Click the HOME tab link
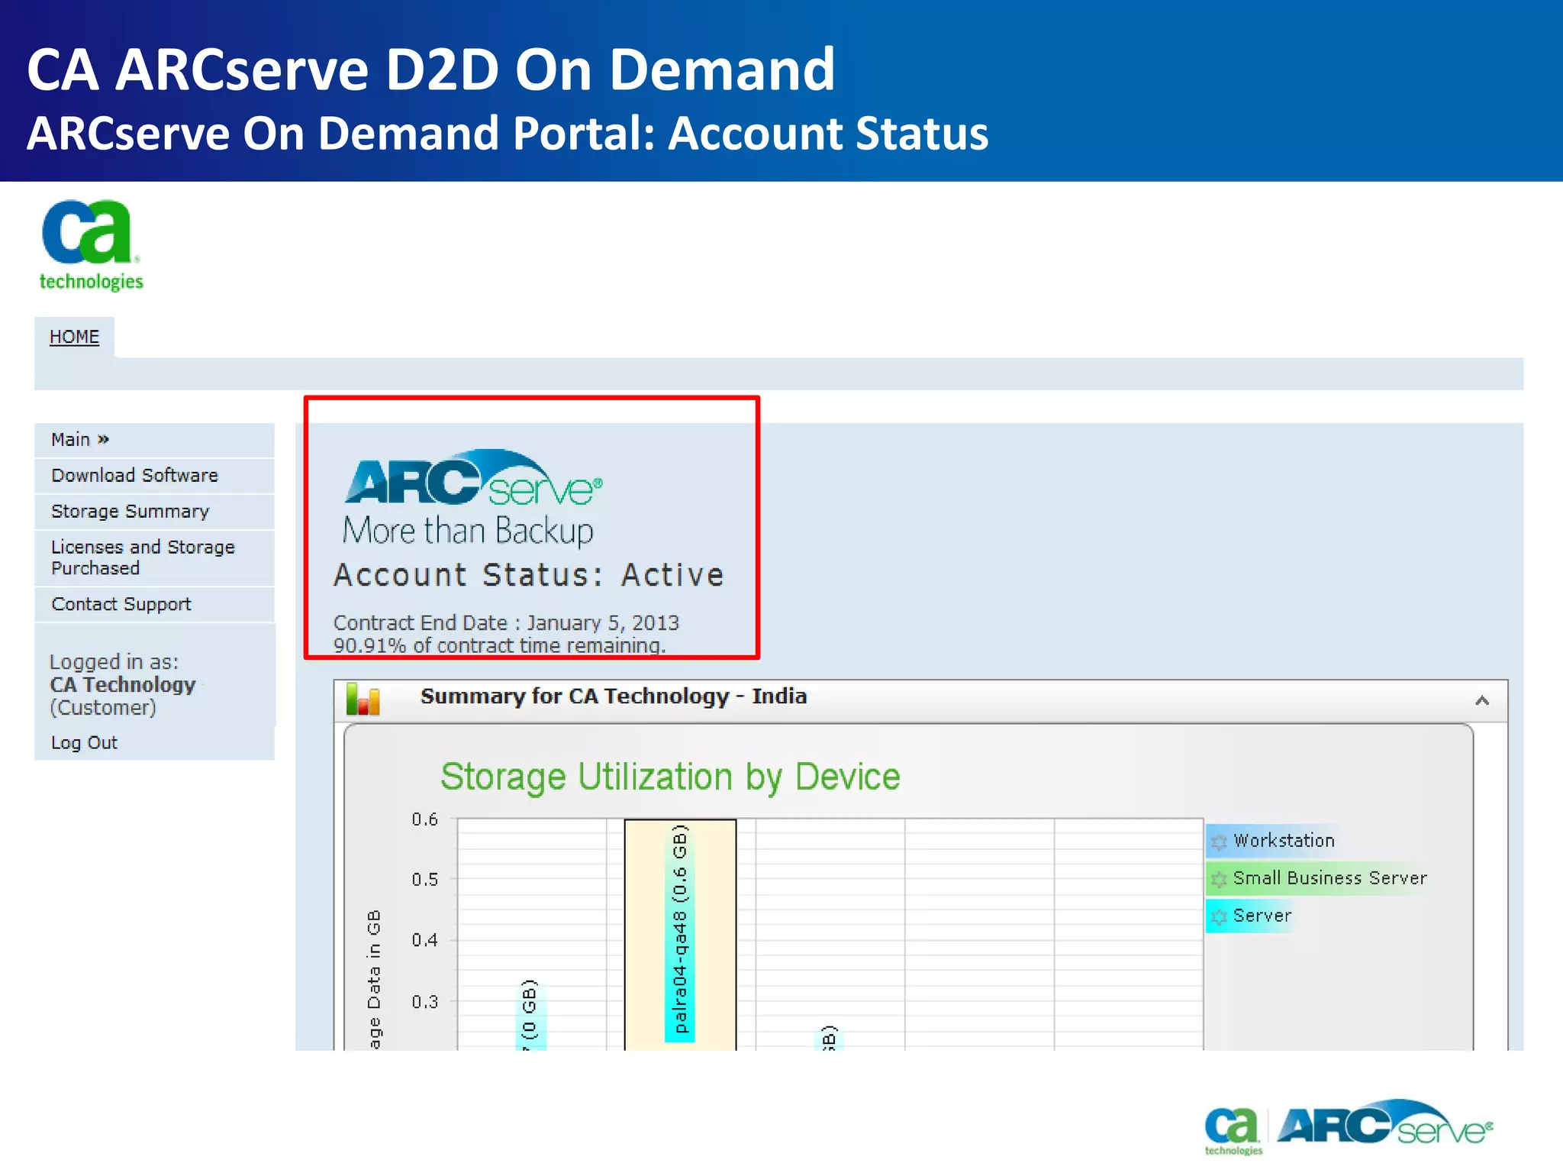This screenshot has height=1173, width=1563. tap(74, 337)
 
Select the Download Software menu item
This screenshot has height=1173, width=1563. tap(134, 475)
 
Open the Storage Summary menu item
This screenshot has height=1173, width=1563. tap(130, 511)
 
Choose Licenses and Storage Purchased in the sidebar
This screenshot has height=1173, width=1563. tap(143, 557)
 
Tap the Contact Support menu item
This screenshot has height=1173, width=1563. tap(121, 604)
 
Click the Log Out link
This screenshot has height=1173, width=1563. tap(84, 742)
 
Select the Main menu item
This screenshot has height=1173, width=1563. tap(79, 439)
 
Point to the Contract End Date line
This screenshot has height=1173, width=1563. tap(506, 623)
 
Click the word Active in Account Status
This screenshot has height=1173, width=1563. tap(672, 575)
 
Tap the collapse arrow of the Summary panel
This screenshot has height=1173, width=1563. tap(1482, 700)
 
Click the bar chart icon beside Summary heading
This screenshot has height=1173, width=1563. tap(363, 699)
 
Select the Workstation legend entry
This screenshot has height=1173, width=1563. tap(1283, 841)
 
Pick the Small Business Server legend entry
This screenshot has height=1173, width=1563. tap(1329, 878)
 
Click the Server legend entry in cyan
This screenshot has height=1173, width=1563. tap(1262, 916)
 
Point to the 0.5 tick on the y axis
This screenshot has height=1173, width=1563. tap(425, 880)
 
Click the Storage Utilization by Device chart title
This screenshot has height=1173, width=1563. tap(670, 777)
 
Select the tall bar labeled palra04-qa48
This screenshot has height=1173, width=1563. tap(680, 932)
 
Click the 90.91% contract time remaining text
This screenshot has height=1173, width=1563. tap(499, 645)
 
